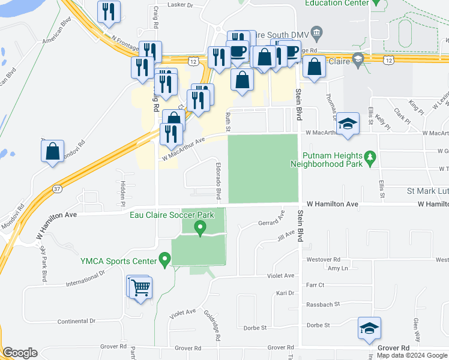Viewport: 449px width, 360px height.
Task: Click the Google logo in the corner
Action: coord(20,353)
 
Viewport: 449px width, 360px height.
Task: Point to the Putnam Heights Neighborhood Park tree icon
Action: coord(371,157)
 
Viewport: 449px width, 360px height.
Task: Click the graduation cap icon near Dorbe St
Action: coord(369,328)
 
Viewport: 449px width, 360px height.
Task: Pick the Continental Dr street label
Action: coord(76,322)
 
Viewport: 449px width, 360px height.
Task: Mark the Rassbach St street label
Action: coord(324,304)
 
